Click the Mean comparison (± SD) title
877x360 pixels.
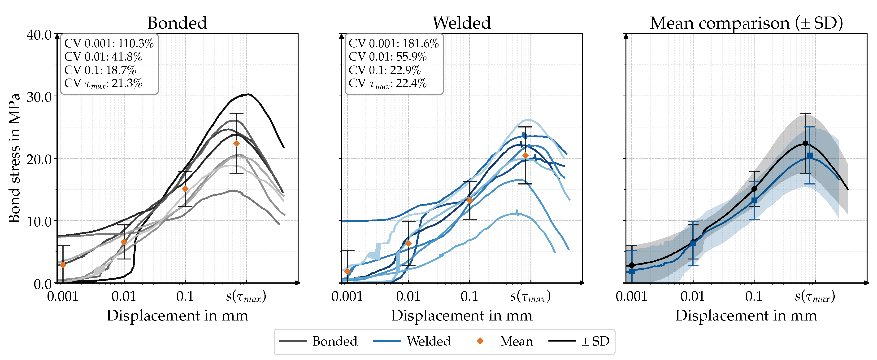746,23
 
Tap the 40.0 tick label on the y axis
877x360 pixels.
39,35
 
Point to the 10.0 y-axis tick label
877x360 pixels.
39,221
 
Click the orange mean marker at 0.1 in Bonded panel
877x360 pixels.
185,189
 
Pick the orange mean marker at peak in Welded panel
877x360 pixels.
525,155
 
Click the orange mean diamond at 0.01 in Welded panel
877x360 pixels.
408,243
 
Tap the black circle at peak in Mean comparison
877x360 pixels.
805,143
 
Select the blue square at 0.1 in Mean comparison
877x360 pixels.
754,200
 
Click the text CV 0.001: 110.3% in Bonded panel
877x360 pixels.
109,43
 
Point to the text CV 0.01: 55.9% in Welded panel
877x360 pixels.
387,57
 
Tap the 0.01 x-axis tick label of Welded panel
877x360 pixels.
408,296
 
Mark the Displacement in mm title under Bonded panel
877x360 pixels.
177,315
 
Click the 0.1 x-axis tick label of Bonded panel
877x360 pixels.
185,296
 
